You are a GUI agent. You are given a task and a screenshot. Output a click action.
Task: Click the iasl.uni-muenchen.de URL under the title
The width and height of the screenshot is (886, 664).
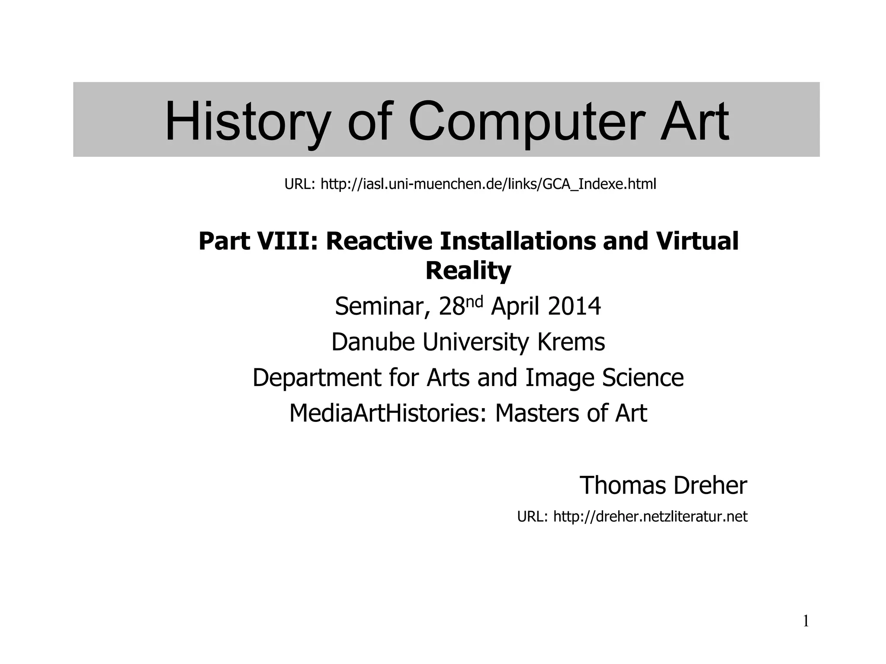click(x=488, y=184)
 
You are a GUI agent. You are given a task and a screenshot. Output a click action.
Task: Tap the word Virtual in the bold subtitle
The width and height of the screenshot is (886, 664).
click(x=697, y=241)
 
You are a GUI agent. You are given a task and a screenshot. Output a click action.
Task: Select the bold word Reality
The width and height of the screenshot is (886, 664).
click(x=468, y=271)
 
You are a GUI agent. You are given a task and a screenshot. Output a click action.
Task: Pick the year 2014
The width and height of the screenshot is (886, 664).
click(x=574, y=306)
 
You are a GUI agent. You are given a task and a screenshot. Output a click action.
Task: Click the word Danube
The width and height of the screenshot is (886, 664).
click(x=373, y=342)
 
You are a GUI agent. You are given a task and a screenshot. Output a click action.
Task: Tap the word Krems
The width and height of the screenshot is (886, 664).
click(x=571, y=342)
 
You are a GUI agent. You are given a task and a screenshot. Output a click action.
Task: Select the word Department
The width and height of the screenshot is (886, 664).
click(x=317, y=378)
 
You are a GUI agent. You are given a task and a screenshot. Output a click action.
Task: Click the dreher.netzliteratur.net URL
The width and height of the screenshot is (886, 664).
click(x=650, y=517)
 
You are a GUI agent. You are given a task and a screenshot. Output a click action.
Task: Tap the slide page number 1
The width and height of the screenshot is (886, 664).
click(x=806, y=621)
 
